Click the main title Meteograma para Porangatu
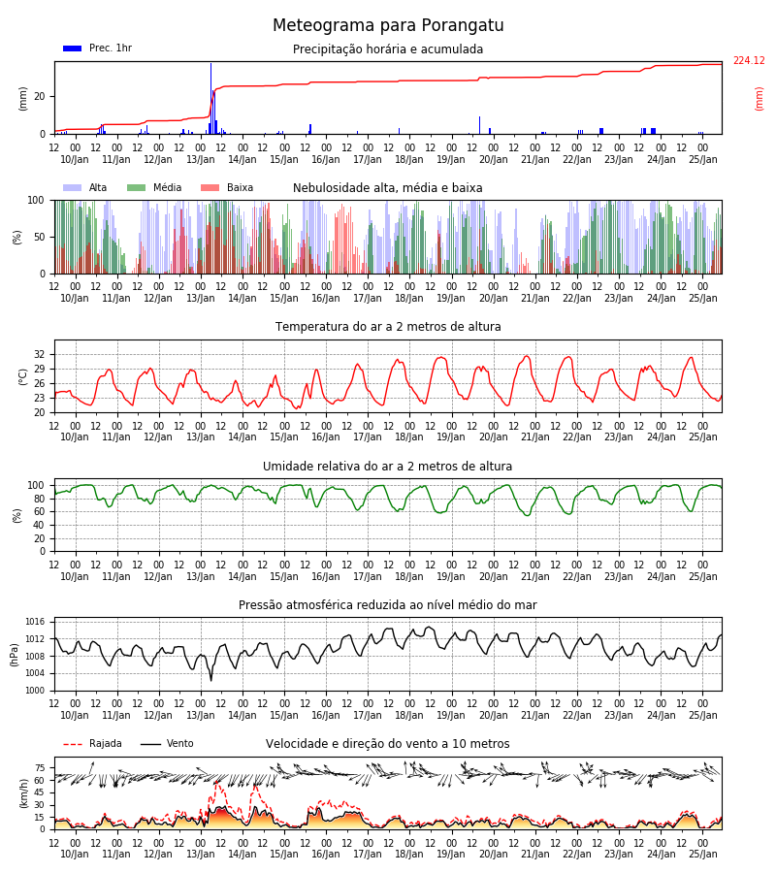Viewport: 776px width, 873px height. point(388,25)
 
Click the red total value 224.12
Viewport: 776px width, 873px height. point(749,61)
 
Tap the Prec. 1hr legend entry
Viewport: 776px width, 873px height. point(97,48)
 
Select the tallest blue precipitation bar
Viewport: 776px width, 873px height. point(210,98)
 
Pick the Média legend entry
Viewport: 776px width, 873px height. point(154,187)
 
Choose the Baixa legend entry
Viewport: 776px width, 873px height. point(227,187)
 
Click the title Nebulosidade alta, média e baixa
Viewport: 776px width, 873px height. point(387,188)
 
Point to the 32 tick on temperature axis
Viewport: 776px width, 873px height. point(40,355)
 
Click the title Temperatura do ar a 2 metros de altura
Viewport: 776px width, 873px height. point(388,327)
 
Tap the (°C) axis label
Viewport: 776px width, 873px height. point(23,377)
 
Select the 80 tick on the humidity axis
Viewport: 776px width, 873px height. point(40,499)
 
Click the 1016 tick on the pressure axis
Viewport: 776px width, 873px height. point(35,622)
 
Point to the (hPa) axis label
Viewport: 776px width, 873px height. point(15,655)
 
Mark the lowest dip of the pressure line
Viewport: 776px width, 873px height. point(211,680)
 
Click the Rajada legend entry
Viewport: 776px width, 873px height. point(92,744)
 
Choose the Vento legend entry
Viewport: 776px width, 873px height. point(167,744)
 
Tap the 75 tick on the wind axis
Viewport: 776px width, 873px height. point(40,768)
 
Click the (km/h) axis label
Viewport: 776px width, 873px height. point(23,793)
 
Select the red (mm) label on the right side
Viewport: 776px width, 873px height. point(759,99)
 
